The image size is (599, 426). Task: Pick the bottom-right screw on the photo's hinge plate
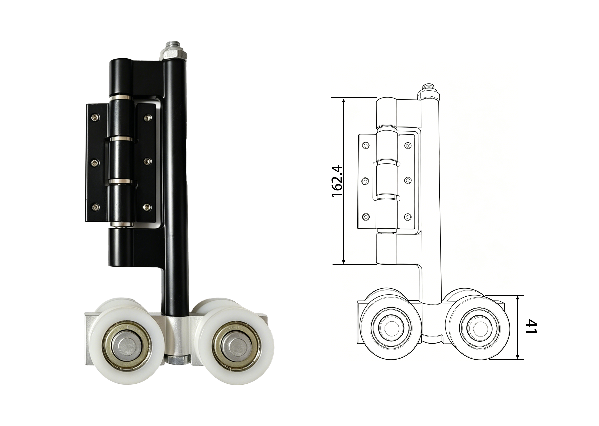pos(148,207)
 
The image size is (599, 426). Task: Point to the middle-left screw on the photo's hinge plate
pos(95,163)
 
